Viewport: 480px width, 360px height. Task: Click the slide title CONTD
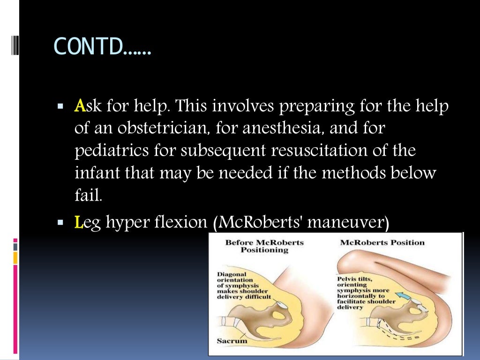coord(103,46)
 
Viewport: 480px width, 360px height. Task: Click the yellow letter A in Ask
coord(79,107)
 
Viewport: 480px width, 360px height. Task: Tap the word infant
coord(97,173)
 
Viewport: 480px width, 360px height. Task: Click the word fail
coord(88,195)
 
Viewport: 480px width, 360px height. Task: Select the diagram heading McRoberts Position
coord(382,243)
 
